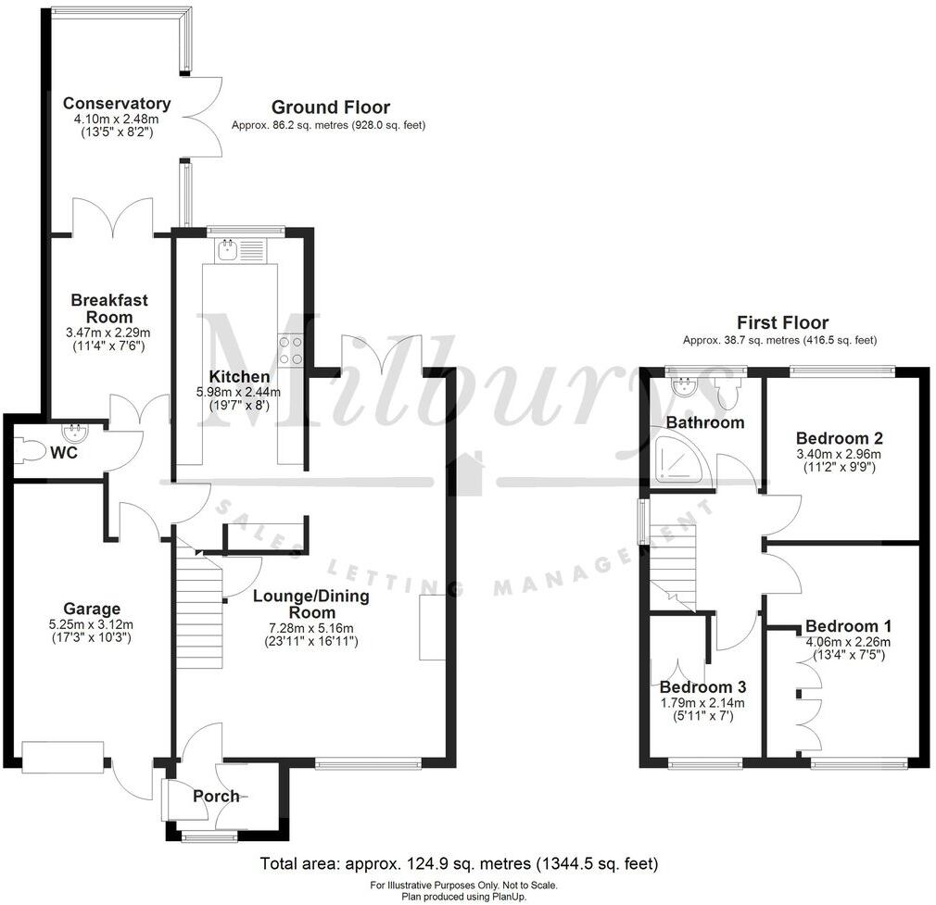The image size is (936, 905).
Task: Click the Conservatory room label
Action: (x=116, y=104)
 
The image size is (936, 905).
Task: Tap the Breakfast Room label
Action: (x=109, y=308)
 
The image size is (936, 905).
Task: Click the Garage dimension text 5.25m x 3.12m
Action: (x=92, y=624)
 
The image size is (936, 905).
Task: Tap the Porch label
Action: (x=216, y=796)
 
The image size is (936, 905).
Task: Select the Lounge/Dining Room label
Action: (x=310, y=605)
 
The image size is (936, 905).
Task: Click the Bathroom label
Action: (x=705, y=422)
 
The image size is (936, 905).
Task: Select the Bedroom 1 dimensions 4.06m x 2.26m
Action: (x=847, y=642)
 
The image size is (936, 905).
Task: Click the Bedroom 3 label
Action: (x=702, y=687)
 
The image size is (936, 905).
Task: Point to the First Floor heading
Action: (x=781, y=322)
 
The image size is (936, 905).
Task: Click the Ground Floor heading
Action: (x=329, y=107)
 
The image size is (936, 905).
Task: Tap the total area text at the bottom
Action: (x=460, y=864)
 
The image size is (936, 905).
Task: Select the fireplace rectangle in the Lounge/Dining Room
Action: (x=432, y=628)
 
